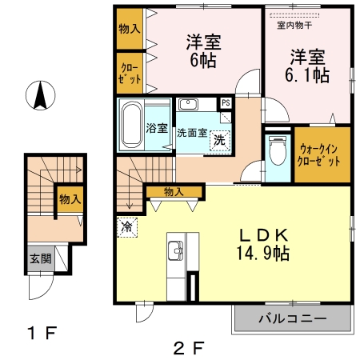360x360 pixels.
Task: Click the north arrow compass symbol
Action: point(38,96)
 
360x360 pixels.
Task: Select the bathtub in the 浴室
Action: point(131,126)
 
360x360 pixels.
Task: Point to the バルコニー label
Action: point(291,319)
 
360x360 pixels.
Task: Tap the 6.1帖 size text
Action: point(308,75)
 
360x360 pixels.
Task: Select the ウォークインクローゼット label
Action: point(321,154)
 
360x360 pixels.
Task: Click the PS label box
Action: point(226,103)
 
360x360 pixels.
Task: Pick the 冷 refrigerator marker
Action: point(126,226)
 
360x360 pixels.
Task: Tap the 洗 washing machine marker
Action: point(218,140)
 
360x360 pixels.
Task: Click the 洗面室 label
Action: point(191,131)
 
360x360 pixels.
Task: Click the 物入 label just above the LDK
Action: point(174,191)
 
